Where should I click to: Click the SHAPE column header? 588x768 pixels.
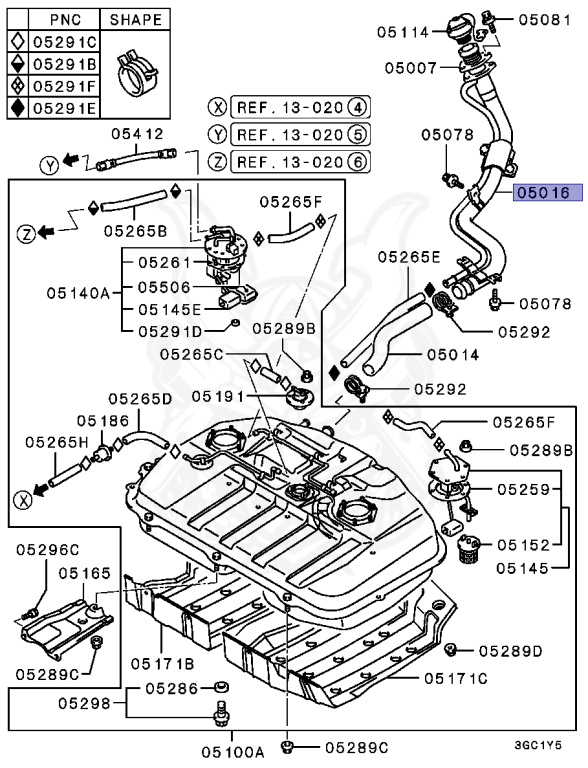135,19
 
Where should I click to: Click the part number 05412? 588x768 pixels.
136,132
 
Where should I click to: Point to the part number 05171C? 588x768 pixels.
455,678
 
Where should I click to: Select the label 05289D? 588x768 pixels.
509,650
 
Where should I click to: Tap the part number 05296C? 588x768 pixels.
47,549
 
